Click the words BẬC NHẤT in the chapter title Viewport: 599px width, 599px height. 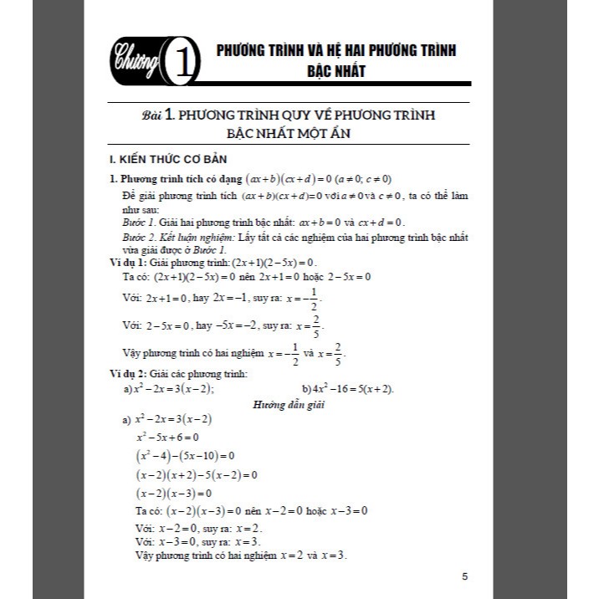pyautogui.click(x=335, y=72)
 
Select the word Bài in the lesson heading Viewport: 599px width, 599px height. pyautogui.click(x=153, y=115)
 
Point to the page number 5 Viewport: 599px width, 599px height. pyautogui.click(x=465, y=575)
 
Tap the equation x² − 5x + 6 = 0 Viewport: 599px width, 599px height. pyautogui.click(x=167, y=437)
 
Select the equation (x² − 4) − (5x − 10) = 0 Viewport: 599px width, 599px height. pyautogui.click(x=185, y=456)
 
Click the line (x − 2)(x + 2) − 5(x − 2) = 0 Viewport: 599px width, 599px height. pyautogui.click(x=197, y=474)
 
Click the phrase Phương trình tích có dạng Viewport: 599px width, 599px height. pyautogui.click(x=181, y=179)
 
